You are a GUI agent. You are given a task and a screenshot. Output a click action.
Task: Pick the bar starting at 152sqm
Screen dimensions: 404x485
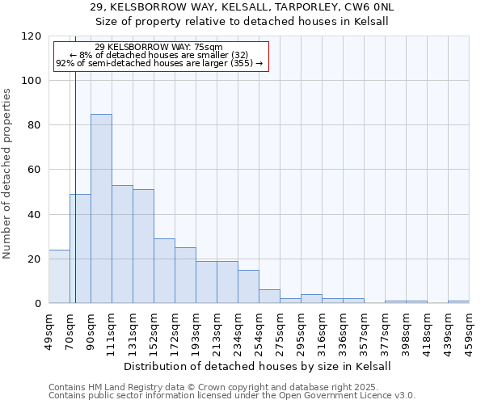coord(164,271)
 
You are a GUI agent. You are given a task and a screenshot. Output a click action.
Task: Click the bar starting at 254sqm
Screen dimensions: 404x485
coord(269,297)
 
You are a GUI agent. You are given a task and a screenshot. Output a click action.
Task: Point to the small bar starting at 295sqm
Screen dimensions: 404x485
coord(311,299)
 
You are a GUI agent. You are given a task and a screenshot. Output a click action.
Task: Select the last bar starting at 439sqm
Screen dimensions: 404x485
coord(458,301)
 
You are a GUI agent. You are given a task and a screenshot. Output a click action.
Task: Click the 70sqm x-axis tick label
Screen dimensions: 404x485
coord(70,329)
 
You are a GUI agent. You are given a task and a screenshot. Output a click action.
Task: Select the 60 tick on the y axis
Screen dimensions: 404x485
coord(35,170)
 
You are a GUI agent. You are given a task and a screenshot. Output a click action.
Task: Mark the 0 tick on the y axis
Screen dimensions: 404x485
coord(38,304)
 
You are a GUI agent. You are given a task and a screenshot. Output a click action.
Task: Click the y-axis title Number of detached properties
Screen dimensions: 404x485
coord(8,174)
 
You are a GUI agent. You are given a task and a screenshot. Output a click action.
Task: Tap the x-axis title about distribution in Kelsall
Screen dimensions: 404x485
coord(258,366)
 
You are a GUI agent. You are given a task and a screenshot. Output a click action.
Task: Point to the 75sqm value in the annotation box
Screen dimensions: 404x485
coord(197,48)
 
